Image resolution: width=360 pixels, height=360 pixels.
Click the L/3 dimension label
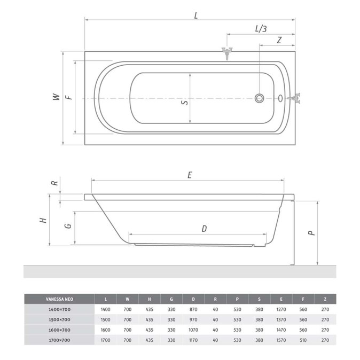pyautogui.click(x=261, y=29)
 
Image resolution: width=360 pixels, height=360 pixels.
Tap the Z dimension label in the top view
pyautogui.click(x=279, y=40)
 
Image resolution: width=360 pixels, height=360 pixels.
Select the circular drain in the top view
pyautogui.click(x=259, y=98)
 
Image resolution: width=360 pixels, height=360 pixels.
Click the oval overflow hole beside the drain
pyautogui.click(x=280, y=98)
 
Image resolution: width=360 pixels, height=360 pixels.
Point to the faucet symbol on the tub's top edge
pyautogui.click(x=227, y=53)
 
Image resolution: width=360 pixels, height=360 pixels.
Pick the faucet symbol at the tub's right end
pyautogui.click(x=294, y=98)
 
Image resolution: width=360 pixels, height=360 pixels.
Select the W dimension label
pyautogui.click(x=56, y=97)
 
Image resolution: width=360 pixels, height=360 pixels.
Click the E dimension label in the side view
pyautogui.click(x=190, y=175)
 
